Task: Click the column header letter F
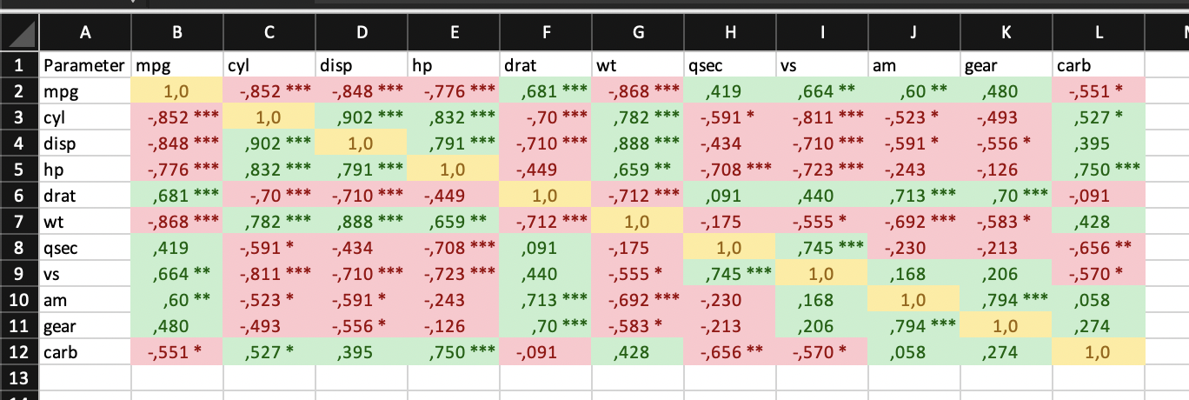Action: pos(546,33)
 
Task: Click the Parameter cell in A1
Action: pos(84,65)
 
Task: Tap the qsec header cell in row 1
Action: pos(730,65)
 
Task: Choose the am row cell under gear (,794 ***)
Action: pos(1006,300)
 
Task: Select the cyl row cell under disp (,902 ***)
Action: pos(362,117)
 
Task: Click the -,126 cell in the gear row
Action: pos(454,326)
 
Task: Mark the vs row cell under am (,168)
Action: pos(913,275)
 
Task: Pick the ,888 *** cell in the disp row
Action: pos(638,143)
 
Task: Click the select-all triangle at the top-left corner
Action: pos(19,34)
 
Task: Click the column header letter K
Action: pos(1006,33)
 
